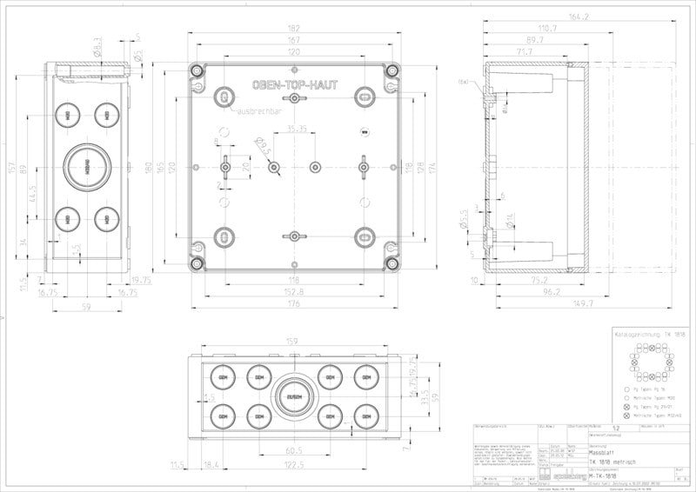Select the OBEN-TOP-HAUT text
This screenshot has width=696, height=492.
coord(296,85)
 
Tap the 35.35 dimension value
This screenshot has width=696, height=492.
coord(297,129)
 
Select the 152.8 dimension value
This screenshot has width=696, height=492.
coord(296,292)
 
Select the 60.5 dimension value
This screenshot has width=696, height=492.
coord(294,451)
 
